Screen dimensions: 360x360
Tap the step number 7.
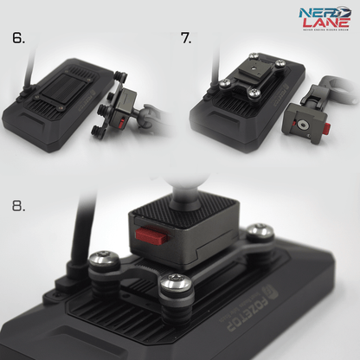tap(185, 39)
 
